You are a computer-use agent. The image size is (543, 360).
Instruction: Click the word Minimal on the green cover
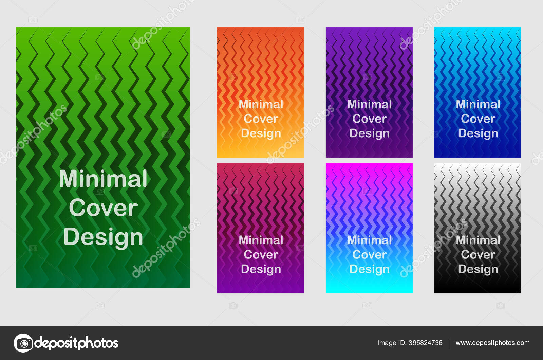click(x=103, y=179)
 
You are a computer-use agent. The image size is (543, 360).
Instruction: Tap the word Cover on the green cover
click(x=103, y=208)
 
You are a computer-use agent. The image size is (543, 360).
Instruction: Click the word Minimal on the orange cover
click(x=261, y=104)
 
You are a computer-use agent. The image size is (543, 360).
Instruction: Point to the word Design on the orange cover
click(x=261, y=134)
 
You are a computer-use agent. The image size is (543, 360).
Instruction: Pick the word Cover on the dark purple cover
click(x=370, y=119)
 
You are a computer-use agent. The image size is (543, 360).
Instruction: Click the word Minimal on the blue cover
click(x=478, y=104)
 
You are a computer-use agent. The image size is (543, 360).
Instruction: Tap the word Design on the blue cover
click(x=478, y=134)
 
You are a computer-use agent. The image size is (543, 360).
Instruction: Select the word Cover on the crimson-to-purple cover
click(x=261, y=255)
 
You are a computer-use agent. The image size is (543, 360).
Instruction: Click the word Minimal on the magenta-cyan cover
click(x=370, y=240)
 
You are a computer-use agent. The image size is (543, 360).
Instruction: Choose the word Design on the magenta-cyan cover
click(x=370, y=270)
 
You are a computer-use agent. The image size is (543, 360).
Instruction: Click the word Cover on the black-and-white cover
click(x=478, y=255)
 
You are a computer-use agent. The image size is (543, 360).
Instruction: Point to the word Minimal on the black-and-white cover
click(x=478, y=240)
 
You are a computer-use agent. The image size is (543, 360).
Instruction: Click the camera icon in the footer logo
click(x=23, y=343)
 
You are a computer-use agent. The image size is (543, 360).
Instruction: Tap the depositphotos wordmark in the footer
click(x=76, y=343)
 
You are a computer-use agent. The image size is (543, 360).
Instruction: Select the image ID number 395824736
click(x=426, y=343)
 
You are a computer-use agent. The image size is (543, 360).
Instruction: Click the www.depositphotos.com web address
click(x=492, y=343)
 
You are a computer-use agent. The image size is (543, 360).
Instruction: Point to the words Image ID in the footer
click(x=392, y=343)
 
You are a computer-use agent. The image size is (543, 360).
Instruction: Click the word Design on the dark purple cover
click(x=370, y=134)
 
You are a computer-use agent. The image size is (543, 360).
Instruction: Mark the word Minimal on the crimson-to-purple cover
click(x=261, y=240)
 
